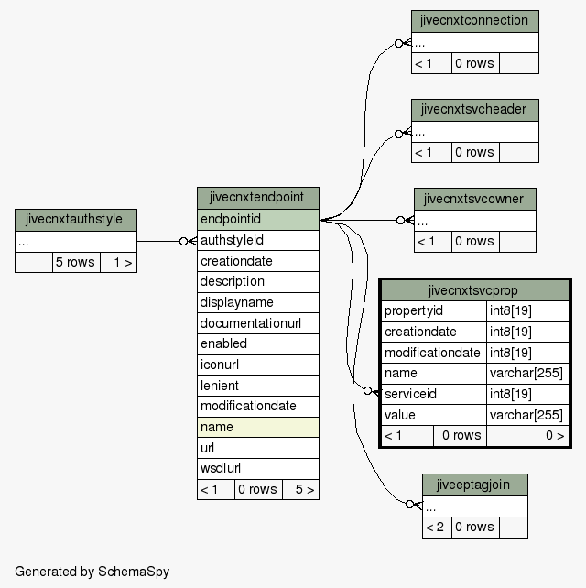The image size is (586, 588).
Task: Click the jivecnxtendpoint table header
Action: pyautogui.click(x=258, y=198)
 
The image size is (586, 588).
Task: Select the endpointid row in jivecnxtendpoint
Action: pyautogui.click(x=258, y=220)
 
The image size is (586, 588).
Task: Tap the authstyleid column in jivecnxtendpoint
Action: pyautogui.click(x=258, y=240)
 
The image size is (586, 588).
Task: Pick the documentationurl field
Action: pyautogui.click(x=258, y=323)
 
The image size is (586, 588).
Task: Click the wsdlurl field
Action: pyautogui.click(x=258, y=468)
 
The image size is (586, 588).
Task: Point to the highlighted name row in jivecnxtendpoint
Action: pyautogui.click(x=258, y=427)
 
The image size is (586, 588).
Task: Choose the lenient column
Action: pyautogui.click(x=258, y=386)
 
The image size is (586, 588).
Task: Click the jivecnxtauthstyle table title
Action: pyautogui.click(x=76, y=220)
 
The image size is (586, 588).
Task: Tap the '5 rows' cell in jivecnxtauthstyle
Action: pyautogui.click(x=76, y=262)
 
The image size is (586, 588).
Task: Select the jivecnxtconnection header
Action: pyautogui.click(x=475, y=21)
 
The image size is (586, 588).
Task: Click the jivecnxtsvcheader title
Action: pyautogui.click(x=475, y=110)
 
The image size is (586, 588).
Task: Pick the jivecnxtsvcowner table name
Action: pyautogui.click(x=475, y=199)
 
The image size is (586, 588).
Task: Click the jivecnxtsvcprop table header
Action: pyautogui.click(x=475, y=290)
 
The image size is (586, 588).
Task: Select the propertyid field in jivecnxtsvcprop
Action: pyautogui.click(x=434, y=310)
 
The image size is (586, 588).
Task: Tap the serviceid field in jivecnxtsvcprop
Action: pyautogui.click(x=434, y=394)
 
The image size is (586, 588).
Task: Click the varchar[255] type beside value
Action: pyautogui.click(x=527, y=415)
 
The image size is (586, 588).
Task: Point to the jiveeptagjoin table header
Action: pyautogui.click(x=475, y=485)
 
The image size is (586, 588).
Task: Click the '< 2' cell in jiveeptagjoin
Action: pyautogui.click(x=437, y=528)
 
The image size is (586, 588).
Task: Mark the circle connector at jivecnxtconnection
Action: pyautogui.click(x=398, y=43)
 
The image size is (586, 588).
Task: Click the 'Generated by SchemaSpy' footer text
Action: pyautogui.click(x=92, y=572)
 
